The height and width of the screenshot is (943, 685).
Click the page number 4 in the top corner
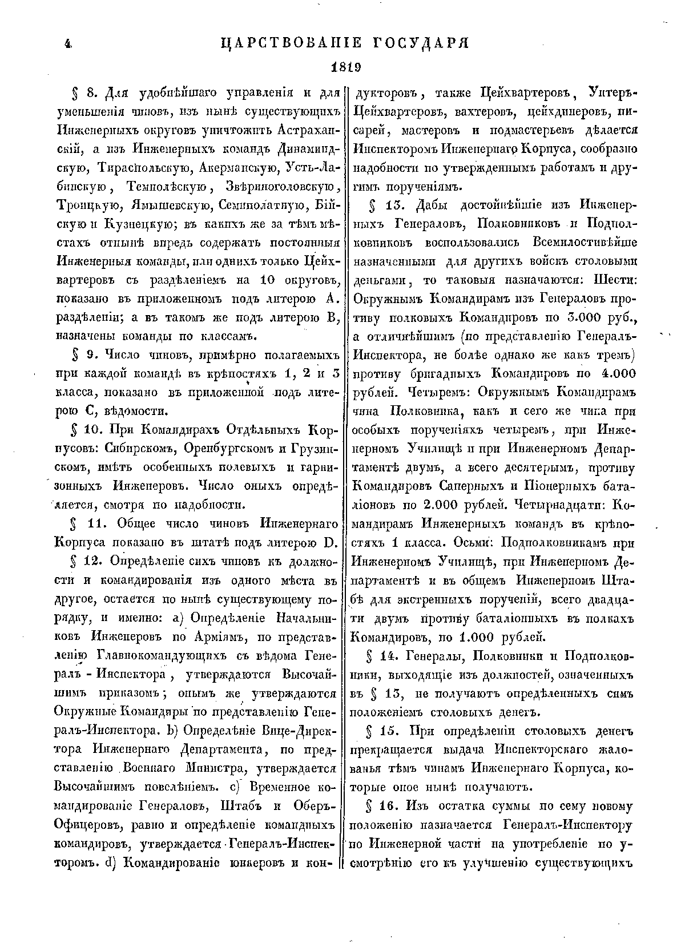[x=67, y=44]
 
